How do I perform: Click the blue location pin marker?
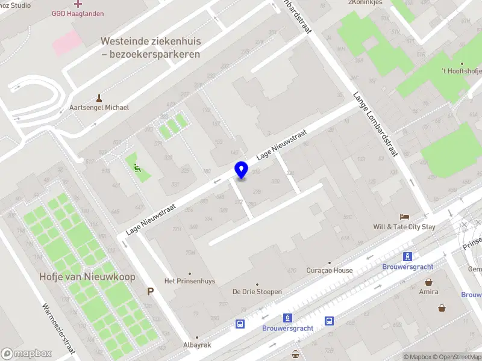(x=242, y=170)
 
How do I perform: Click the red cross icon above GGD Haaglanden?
(x=78, y=4)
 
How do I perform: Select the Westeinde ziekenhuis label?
(x=151, y=48)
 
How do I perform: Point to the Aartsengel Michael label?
(x=99, y=107)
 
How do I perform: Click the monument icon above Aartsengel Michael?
(x=99, y=97)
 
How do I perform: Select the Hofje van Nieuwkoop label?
(x=87, y=277)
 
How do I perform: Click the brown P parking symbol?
(x=150, y=292)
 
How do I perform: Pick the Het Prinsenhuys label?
(x=190, y=281)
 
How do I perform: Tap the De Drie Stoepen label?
(x=257, y=292)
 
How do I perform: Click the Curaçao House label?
(x=330, y=270)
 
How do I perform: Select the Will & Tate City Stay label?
(x=404, y=227)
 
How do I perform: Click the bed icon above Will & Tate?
(x=405, y=217)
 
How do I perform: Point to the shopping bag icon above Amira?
(x=428, y=282)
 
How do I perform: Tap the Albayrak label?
(x=197, y=345)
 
